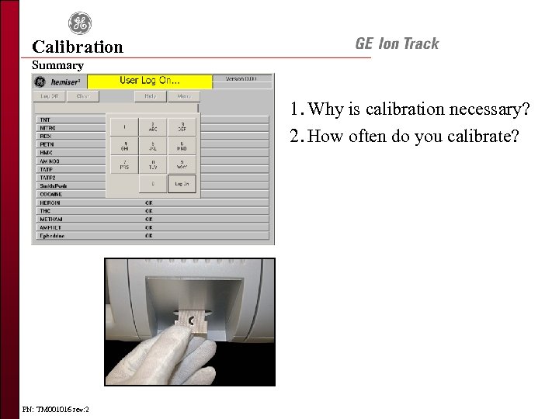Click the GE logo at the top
78,23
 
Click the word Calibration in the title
78,47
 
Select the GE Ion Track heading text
397,43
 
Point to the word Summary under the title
57,65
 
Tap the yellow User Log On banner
149,81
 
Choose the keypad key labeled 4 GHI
124,145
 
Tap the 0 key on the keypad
153,184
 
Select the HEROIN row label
50,203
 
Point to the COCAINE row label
50,195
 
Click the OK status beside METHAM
149,220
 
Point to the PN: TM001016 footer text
56,409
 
